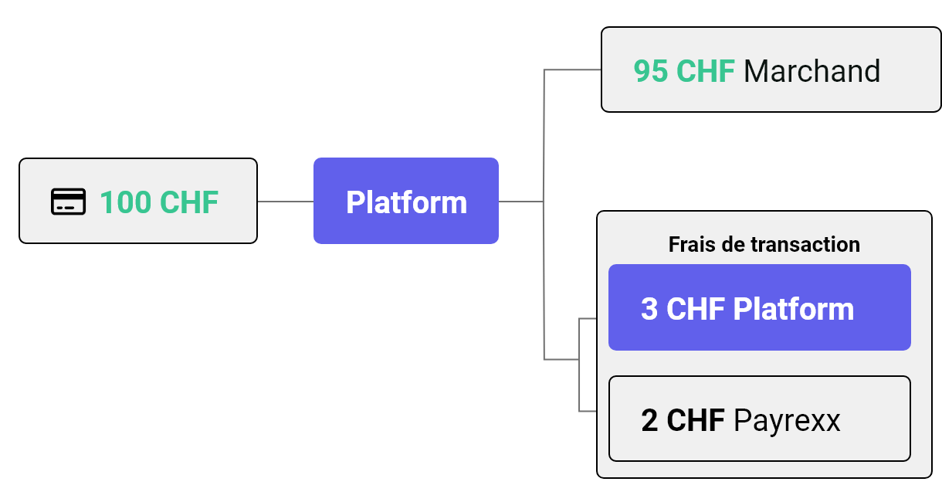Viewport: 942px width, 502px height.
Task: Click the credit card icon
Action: click(x=68, y=202)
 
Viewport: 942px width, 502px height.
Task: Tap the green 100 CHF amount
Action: click(x=159, y=202)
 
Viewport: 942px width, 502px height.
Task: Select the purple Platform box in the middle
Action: click(x=406, y=201)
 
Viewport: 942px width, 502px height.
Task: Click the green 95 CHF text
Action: click(x=684, y=71)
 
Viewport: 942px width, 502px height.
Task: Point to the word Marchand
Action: click(x=812, y=71)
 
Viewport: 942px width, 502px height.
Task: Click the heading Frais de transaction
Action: click(x=764, y=245)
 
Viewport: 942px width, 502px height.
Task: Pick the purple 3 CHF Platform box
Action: click(x=760, y=307)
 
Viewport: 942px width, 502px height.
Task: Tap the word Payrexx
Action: click(x=787, y=421)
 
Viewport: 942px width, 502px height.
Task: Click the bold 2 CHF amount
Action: click(x=683, y=420)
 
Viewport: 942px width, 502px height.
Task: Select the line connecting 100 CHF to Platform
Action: click(x=285, y=202)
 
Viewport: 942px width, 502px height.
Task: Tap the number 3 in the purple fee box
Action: click(x=649, y=309)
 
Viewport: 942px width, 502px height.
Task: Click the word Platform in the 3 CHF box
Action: click(x=794, y=309)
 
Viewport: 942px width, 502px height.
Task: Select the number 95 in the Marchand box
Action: click(x=651, y=71)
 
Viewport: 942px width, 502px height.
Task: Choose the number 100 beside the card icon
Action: click(x=125, y=202)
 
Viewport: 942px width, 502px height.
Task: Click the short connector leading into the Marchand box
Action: click(x=572, y=70)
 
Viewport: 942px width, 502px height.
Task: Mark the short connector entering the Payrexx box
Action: click(x=588, y=411)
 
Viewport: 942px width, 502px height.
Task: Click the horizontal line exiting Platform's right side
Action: click(x=521, y=202)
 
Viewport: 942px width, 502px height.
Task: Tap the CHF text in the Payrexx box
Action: click(x=696, y=420)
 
